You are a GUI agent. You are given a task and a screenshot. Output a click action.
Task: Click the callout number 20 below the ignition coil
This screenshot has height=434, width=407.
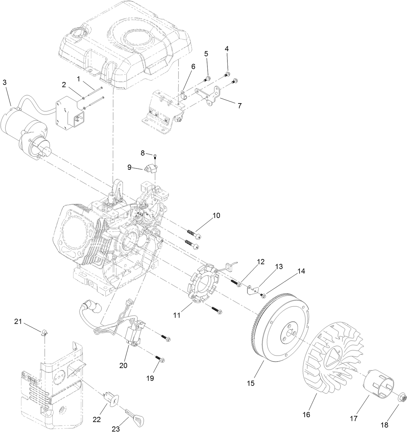tap(123, 365)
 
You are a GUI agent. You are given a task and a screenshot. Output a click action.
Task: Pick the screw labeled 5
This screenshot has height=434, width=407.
tap(207, 78)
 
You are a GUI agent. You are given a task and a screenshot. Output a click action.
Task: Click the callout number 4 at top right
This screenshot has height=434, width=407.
tap(226, 49)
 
